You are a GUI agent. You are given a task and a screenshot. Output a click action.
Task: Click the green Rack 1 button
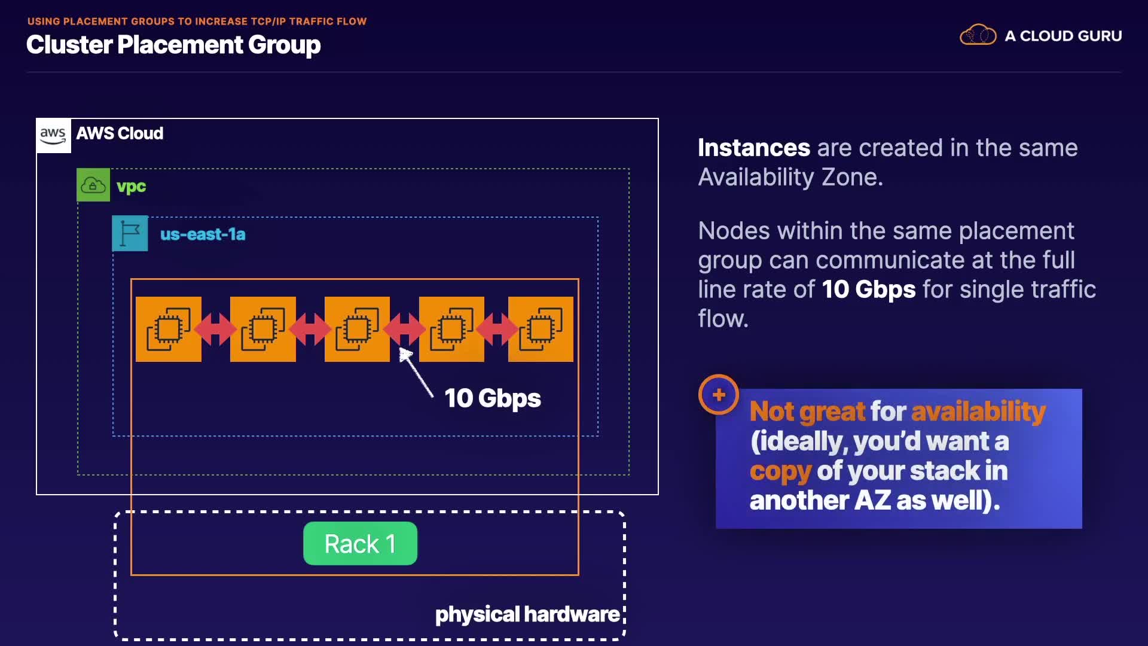coord(360,543)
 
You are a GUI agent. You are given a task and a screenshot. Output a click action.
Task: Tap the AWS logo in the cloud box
coord(53,135)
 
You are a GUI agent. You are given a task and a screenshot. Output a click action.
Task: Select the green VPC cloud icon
coord(93,185)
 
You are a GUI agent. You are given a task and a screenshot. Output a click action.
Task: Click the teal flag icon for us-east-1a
coord(130,233)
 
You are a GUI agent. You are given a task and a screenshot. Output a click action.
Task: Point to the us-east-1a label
coord(203,234)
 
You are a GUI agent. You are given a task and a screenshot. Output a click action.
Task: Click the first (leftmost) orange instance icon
coord(169,329)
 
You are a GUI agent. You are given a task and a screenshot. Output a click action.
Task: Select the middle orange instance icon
coord(357,329)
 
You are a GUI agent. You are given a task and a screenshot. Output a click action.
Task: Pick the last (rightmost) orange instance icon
coord(541,329)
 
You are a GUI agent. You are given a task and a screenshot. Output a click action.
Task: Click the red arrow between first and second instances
coord(215,328)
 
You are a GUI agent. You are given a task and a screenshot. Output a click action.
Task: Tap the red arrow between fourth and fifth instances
coord(496,328)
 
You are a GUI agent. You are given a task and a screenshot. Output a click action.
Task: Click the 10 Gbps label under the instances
coord(492,398)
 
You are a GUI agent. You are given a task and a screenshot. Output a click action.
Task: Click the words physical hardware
coord(527,614)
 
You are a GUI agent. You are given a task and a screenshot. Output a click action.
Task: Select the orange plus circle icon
coord(719,395)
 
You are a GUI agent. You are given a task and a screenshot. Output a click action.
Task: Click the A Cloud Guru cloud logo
coord(978,35)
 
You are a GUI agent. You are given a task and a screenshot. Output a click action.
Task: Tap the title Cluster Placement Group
coord(173,45)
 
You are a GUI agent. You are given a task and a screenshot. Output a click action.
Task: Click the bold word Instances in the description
coord(753,148)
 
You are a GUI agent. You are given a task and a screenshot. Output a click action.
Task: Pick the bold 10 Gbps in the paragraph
coord(868,290)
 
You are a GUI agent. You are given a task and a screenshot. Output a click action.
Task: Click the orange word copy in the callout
coord(780,471)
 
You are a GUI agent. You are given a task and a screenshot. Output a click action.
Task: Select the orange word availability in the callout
coord(978,412)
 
